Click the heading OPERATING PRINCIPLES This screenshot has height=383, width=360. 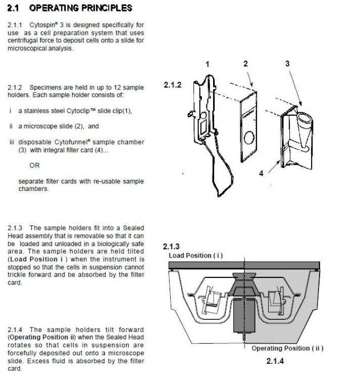81,8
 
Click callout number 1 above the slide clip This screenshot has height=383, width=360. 208,64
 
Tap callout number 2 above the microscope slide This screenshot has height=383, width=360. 245,64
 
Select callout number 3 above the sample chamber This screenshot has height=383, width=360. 287,64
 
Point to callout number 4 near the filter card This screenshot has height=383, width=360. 261,173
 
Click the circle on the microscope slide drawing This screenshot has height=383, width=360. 249,137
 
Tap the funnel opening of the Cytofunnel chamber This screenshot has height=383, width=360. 304,118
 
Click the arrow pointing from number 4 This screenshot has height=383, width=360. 274,167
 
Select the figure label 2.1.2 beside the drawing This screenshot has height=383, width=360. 173,85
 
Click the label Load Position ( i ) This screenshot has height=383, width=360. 196,256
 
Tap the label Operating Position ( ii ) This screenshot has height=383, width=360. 287,348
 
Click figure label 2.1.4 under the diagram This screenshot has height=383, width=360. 275,361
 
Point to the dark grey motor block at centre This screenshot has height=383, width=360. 244,315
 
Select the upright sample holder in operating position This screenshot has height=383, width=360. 276,301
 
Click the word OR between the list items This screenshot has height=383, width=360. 34,165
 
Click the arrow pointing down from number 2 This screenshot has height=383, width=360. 250,79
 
